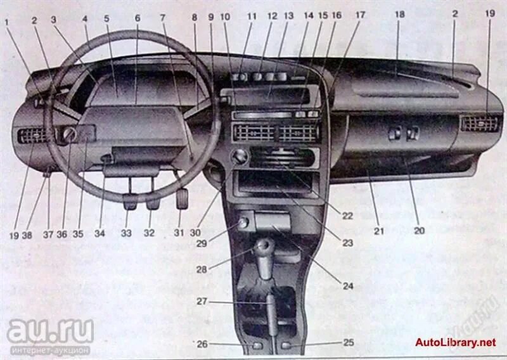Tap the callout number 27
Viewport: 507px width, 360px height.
(202, 302)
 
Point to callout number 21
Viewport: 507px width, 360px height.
(378, 231)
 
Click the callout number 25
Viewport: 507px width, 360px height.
(349, 343)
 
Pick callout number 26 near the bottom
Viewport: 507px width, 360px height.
(202, 344)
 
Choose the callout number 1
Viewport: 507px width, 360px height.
(7, 23)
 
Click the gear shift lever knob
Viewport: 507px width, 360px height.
(264, 245)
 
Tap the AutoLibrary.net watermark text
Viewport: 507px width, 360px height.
(455, 343)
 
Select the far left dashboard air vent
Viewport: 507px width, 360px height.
(32, 134)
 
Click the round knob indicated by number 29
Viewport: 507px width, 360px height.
(242, 222)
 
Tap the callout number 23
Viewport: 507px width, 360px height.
(348, 242)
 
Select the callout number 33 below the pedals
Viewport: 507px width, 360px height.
(127, 233)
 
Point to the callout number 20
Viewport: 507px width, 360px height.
(419, 231)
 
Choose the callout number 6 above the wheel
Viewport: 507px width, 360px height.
(137, 18)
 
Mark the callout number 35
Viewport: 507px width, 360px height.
(77, 233)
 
